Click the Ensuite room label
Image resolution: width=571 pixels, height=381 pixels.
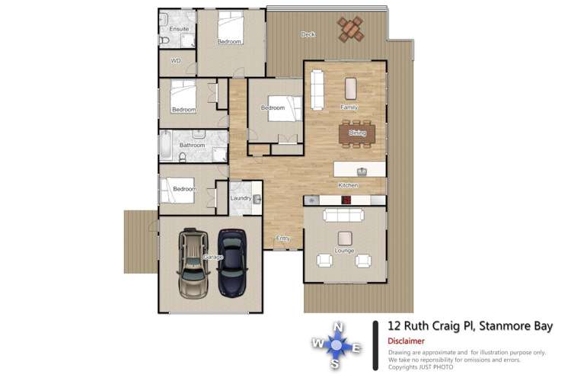(x=178, y=29)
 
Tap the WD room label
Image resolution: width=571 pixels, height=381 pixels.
(x=175, y=60)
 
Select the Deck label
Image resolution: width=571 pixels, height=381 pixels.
(x=308, y=34)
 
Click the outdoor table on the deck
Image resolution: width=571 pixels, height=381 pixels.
(x=350, y=30)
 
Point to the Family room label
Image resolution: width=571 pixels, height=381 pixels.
(x=349, y=107)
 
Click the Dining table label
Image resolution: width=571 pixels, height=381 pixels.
(x=357, y=133)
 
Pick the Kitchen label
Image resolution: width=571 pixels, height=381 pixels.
(x=349, y=186)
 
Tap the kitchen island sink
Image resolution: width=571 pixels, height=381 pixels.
(x=362, y=170)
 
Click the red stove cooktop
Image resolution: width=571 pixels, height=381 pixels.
(x=346, y=200)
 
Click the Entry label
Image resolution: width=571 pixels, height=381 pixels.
(x=282, y=239)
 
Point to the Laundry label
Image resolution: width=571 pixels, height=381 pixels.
(x=241, y=199)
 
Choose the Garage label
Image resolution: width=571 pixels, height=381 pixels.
(x=213, y=258)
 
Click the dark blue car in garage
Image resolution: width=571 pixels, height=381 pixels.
(x=231, y=263)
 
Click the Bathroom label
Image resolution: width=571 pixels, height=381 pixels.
(x=192, y=145)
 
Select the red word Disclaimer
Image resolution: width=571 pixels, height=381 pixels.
(x=406, y=341)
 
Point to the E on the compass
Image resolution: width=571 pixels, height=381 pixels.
(x=358, y=349)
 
